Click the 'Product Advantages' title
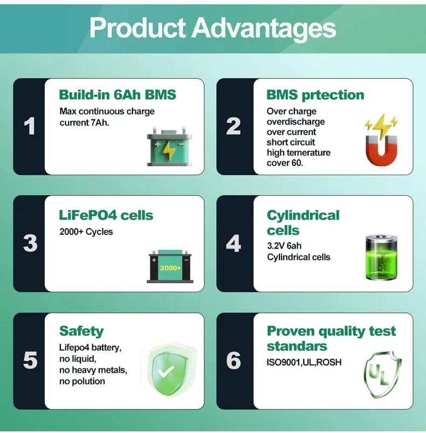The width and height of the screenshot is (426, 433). click(212, 28)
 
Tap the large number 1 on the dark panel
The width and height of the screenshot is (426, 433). click(30, 126)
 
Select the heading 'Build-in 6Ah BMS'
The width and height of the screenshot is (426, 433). click(118, 94)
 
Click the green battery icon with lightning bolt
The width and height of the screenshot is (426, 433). click(169, 147)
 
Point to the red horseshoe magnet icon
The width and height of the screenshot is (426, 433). click(381, 140)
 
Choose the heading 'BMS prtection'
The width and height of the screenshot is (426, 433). click(315, 95)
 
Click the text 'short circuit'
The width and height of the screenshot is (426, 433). click(291, 142)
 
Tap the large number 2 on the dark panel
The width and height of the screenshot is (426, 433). click(233, 126)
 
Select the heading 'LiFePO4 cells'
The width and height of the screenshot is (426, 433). click(106, 215)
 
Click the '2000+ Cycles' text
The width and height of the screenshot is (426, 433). click(86, 232)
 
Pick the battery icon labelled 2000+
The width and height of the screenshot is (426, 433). click(170, 266)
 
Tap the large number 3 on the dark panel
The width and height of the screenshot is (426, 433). click(30, 243)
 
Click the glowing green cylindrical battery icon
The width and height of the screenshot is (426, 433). click(382, 257)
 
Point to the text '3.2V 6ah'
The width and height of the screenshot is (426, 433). click(284, 246)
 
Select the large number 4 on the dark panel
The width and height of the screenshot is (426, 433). click(233, 243)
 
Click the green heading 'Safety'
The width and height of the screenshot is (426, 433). click(81, 331)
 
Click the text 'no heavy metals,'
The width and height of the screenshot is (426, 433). click(93, 370)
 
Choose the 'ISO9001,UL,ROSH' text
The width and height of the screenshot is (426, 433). click(304, 362)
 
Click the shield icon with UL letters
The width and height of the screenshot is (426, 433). click(383, 374)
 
